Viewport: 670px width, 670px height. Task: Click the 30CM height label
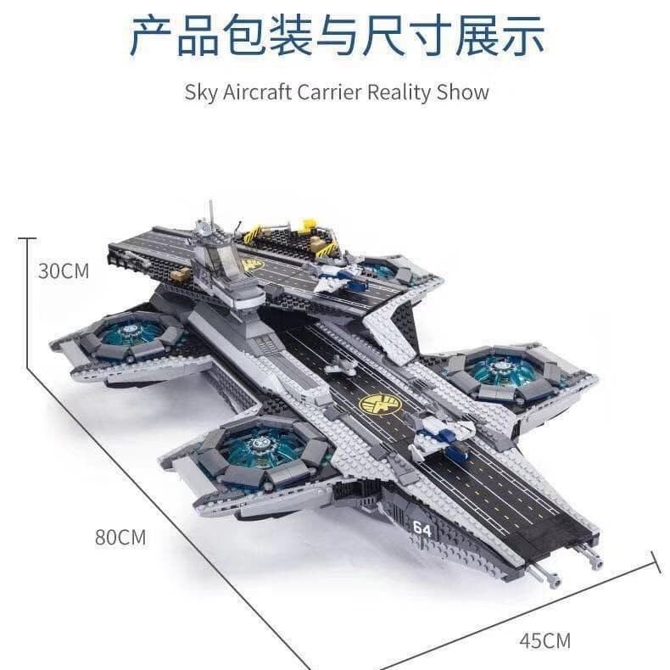tap(64, 271)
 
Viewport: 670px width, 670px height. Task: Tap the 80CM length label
tap(121, 537)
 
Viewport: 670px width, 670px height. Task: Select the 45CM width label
tap(544, 639)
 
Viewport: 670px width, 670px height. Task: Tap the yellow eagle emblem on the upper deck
tap(253, 266)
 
